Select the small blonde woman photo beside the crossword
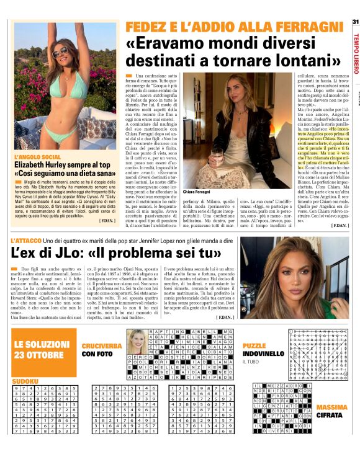click(x=136, y=340)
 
